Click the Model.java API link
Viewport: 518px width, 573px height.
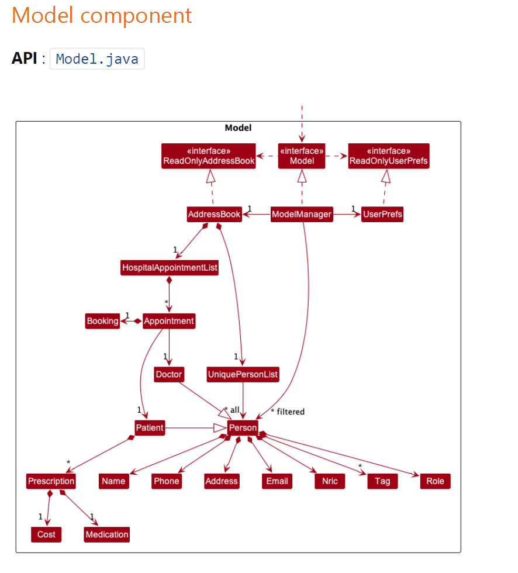[x=97, y=59]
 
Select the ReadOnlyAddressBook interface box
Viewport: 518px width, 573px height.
[x=209, y=156]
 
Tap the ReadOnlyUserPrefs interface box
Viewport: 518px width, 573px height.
[x=388, y=156]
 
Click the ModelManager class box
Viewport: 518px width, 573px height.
[x=302, y=215]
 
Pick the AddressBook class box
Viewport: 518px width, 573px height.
[x=214, y=215]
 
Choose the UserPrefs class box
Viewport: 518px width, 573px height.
[x=382, y=215]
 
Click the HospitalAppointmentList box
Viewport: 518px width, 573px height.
[x=170, y=268]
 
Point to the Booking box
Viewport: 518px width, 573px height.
[x=102, y=321]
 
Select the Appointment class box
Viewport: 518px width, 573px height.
[x=168, y=321]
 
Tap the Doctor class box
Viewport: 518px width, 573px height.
[x=169, y=374]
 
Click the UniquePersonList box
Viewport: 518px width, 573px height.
[x=243, y=374]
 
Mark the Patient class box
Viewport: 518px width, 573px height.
[x=150, y=428]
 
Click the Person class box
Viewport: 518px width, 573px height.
[x=243, y=428]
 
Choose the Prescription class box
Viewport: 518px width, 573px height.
[x=51, y=481]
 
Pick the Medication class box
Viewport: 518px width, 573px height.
[x=106, y=534]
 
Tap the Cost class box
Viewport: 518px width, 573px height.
[x=46, y=534]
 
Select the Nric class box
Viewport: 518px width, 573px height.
[x=330, y=481]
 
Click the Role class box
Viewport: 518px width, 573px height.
[x=435, y=481]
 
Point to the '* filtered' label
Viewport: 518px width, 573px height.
[x=288, y=412]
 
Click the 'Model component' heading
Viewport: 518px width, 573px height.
[x=102, y=16]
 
